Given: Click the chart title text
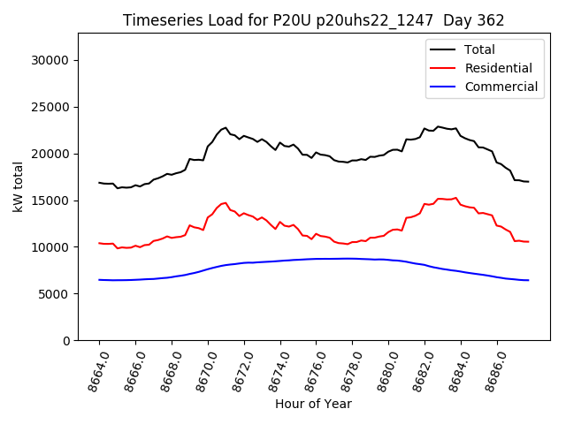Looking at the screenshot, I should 313,20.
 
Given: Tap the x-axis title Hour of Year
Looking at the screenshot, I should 313,404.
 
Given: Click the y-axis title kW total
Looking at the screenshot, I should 19,186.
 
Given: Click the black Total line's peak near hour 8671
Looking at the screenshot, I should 226,128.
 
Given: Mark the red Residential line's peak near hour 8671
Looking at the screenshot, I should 226,202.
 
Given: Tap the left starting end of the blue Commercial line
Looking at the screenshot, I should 99,280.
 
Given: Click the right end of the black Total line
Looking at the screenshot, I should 528,181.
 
